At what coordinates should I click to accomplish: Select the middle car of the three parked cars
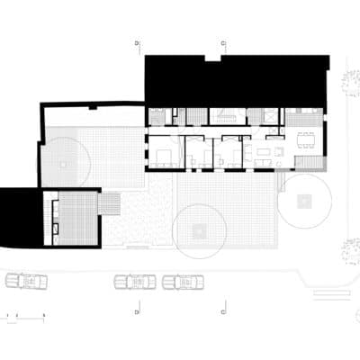coord(135,282)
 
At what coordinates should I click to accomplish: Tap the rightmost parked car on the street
coord(183,282)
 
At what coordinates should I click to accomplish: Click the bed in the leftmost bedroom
coord(163,155)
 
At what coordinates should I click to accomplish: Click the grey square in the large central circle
coord(199,231)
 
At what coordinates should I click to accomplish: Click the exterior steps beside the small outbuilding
coord(109,205)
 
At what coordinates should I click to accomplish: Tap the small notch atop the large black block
coord(211,58)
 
